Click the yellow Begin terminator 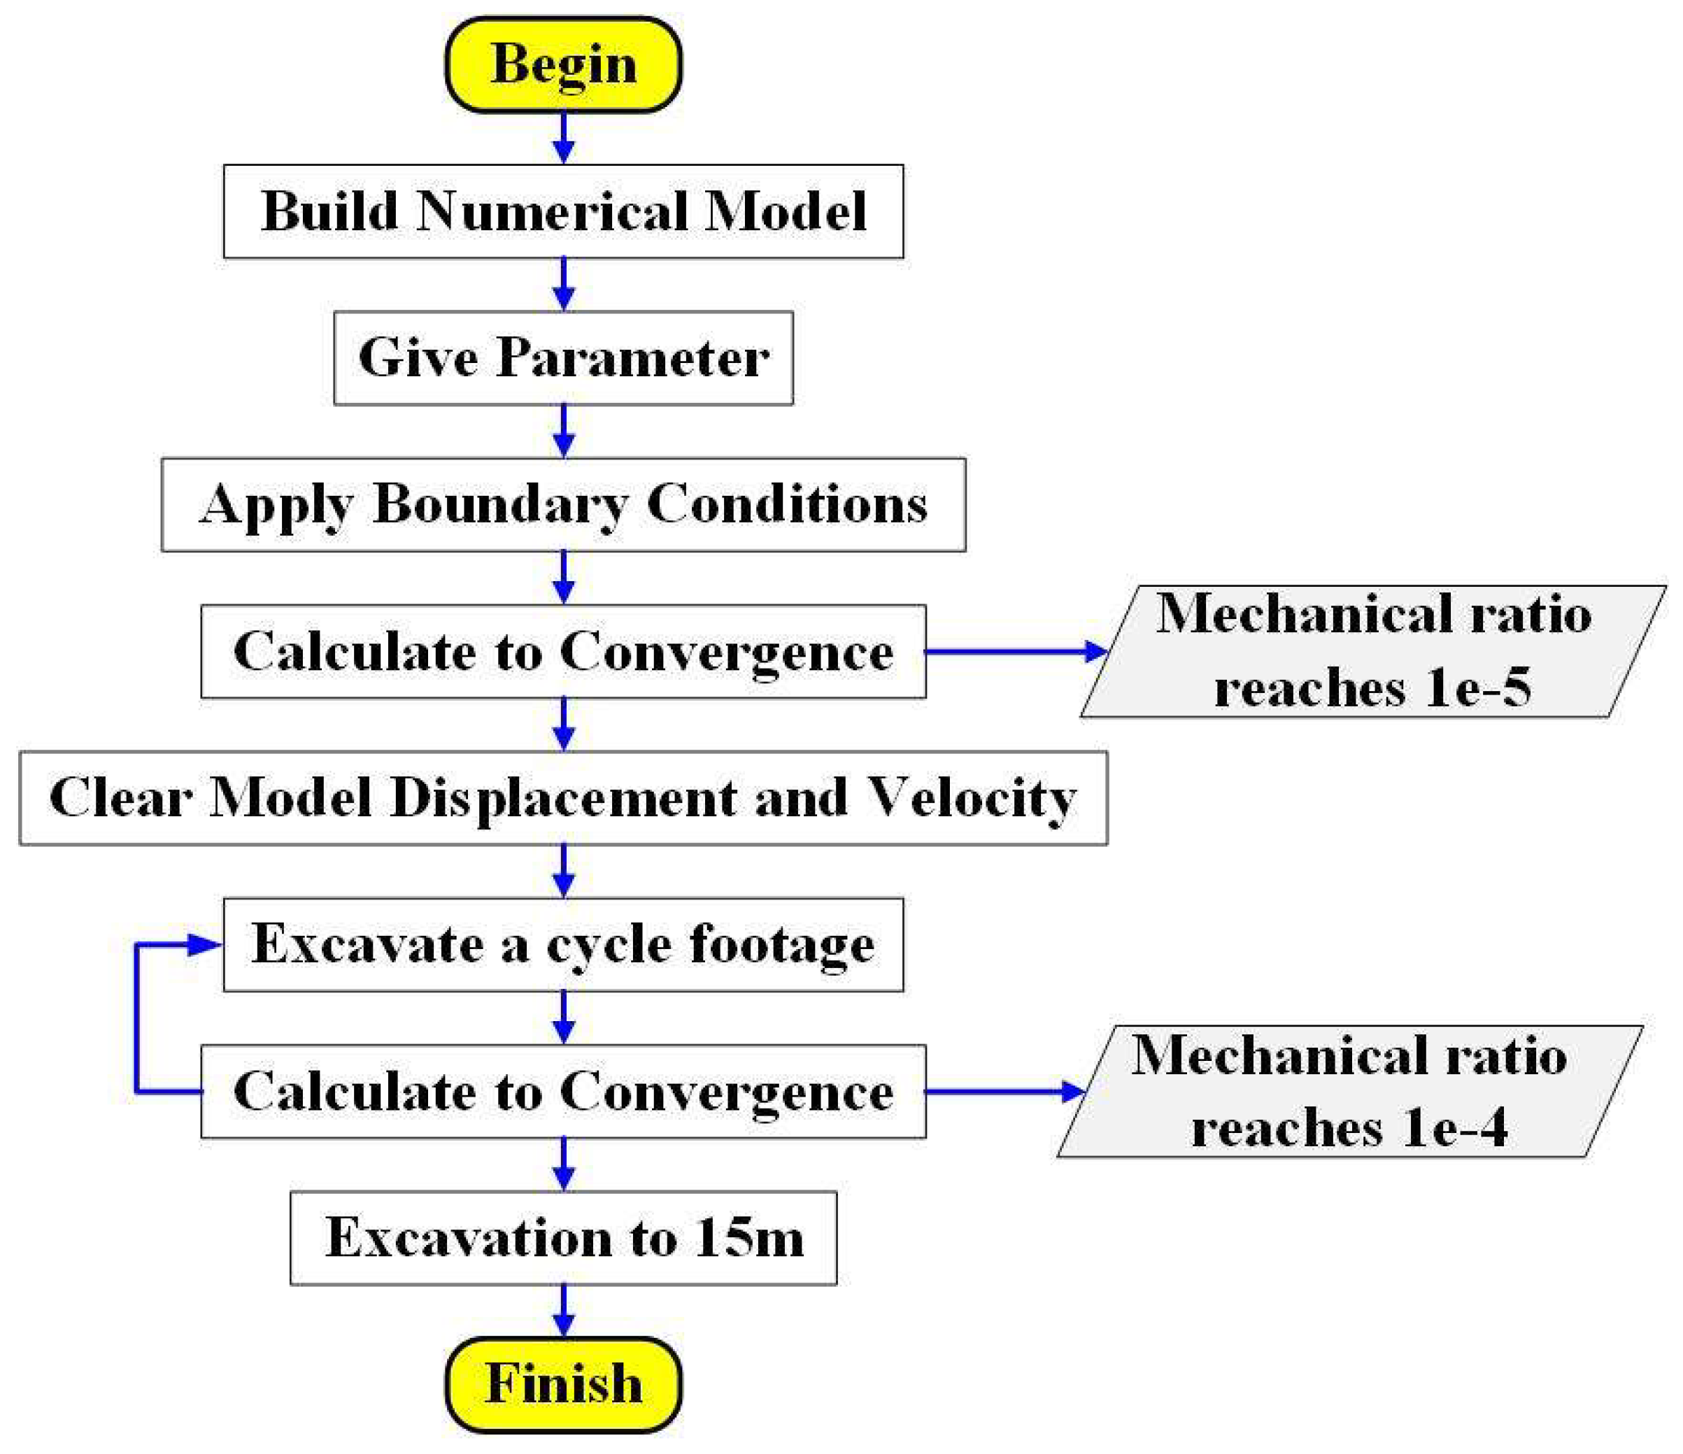tap(563, 64)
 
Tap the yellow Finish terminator tap(563, 1384)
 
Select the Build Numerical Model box tap(563, 211)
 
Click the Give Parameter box tap(563, 357)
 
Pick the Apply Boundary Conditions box tap(563, 504)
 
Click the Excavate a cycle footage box tap(563, 945)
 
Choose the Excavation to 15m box tap(563, 1238)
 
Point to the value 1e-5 tap(1478, 687)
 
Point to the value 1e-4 tap(1455, 1127)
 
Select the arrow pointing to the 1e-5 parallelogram tap(1015, 651)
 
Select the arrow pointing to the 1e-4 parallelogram tap(1004, 1092)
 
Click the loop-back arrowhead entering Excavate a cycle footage tap(203, 945)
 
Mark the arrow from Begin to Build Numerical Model tap(563, 138)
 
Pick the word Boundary tap(499, 504)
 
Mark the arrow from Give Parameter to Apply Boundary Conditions tap(563, 432)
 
